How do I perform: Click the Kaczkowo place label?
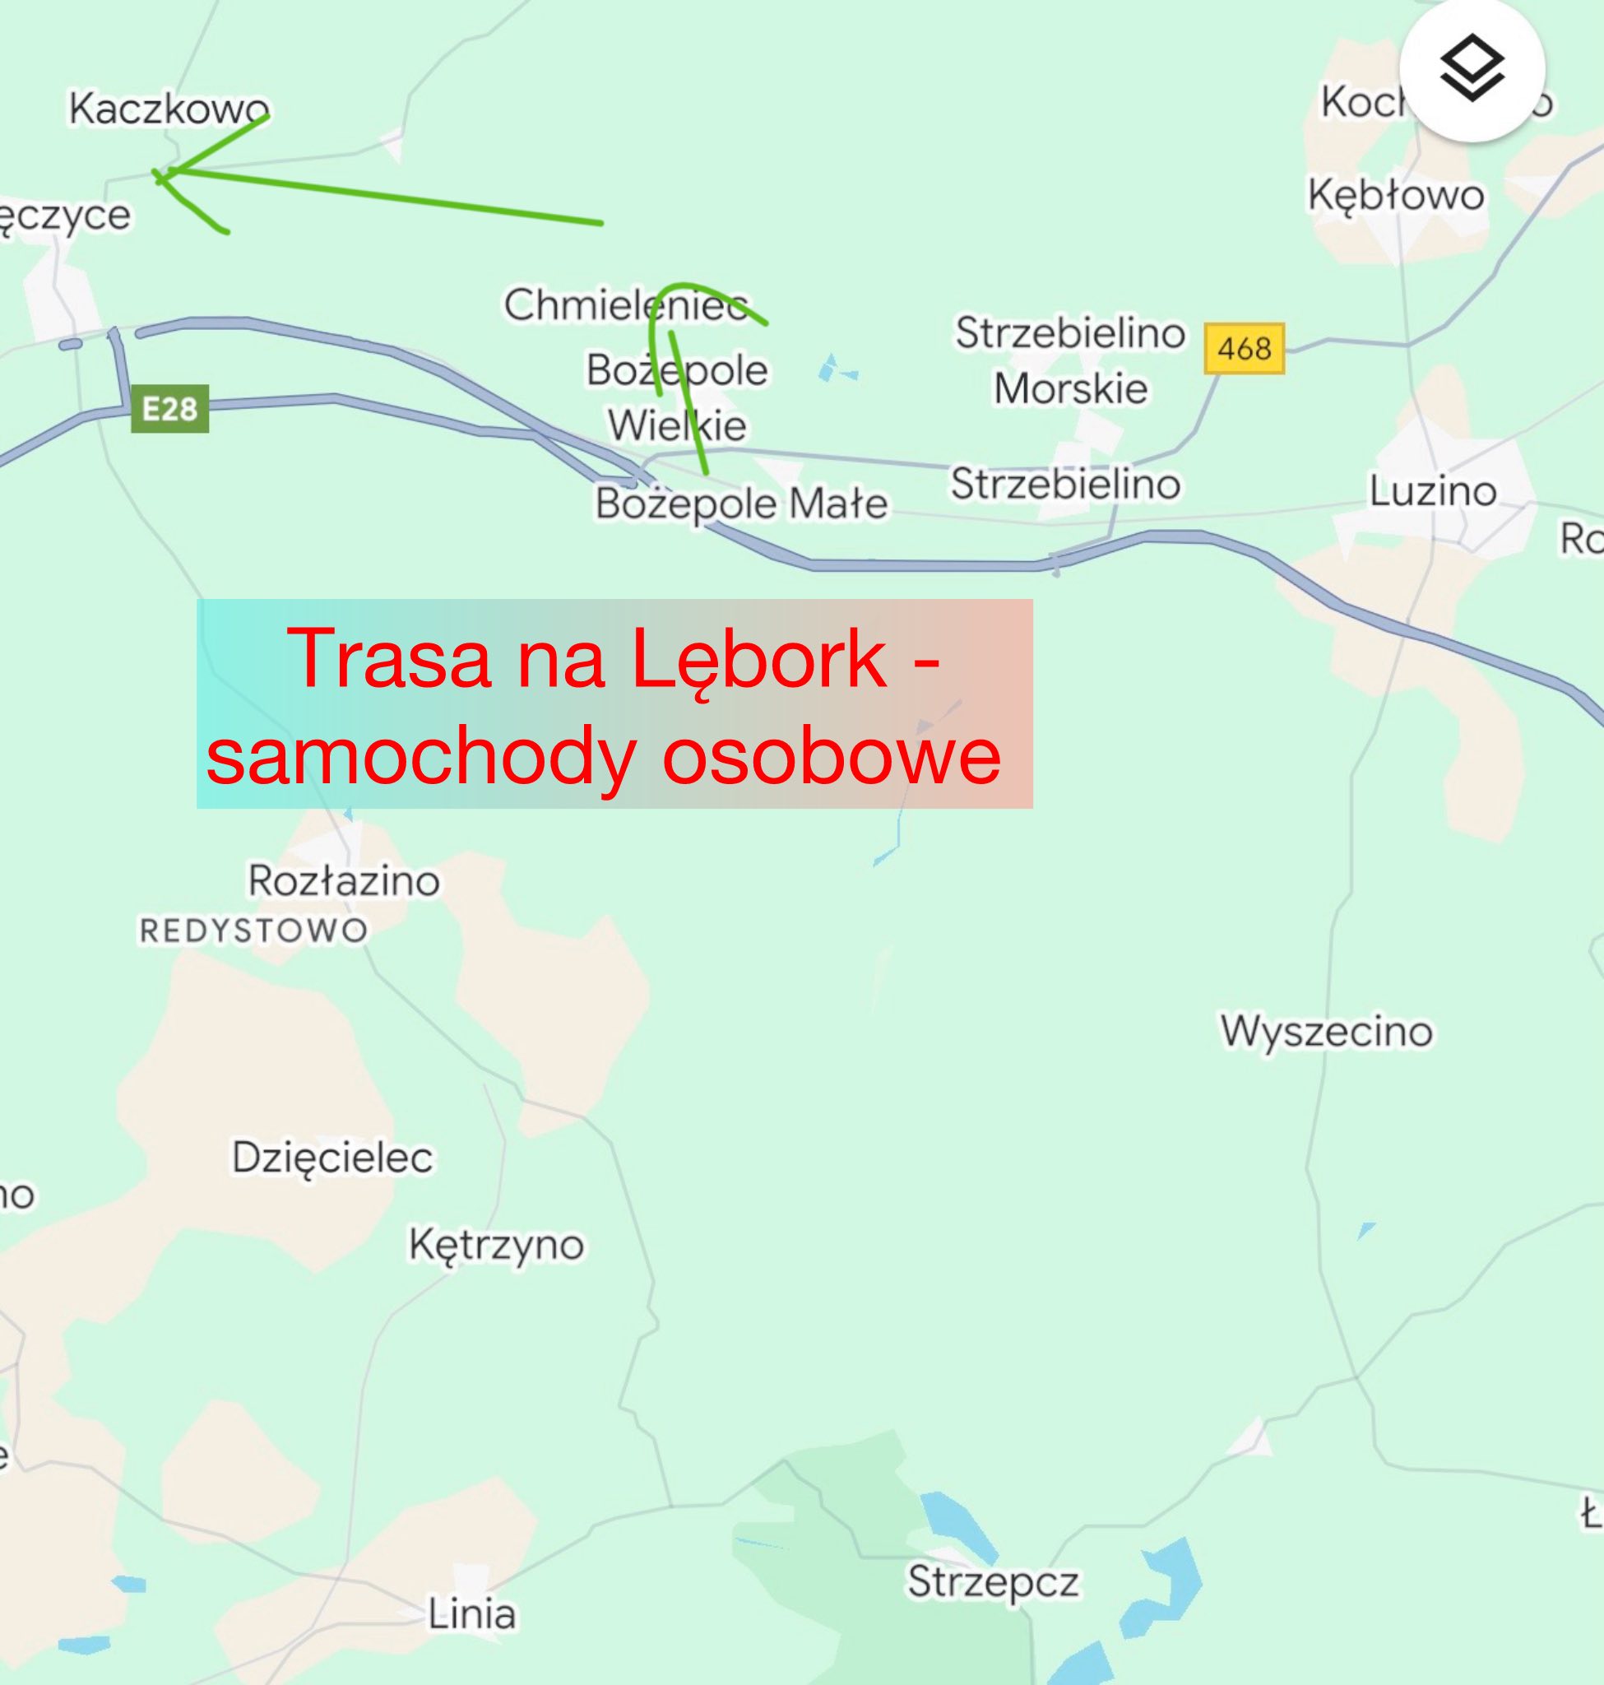[169, 109]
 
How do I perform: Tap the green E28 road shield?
[169, 409]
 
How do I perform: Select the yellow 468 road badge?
[1244, 348]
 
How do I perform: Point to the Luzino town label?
[1433, 492]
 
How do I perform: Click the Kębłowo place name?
[1395, 195]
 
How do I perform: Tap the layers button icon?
[1472, 68]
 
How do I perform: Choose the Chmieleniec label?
[626, 304]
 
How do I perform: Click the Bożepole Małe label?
[741, 503]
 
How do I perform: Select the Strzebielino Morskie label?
[1070, 360]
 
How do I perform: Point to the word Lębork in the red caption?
[758, 658]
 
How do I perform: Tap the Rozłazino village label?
[344, 880]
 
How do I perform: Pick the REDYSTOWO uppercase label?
[254, 931]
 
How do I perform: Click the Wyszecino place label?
[1326, 1031]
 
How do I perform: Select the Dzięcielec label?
[332, 1158]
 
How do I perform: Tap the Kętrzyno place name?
[496, 1245]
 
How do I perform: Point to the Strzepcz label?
[993, 1581]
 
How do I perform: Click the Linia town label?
[472, 1614]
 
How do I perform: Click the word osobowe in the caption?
[831, 756]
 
